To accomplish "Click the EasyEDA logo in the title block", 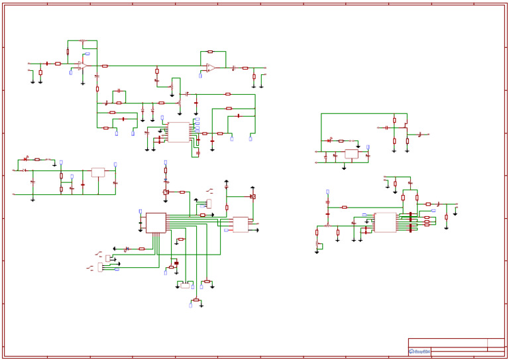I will (x=420, y=351).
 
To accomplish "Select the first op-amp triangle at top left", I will (x=82, y=65).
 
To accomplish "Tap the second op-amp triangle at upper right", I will (x=210, y=68).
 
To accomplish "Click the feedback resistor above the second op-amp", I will (x=210, y=52).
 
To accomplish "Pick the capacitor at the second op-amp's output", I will (x=233, y=68).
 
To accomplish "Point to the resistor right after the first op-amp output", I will (x=105, y=66).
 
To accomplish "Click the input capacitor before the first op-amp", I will (x=47, y=64).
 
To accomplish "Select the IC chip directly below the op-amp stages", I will (x=178, y=132).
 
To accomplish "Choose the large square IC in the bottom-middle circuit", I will (x=156, y=223).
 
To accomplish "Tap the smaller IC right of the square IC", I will (x=240, y=225).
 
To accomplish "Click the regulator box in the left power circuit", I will (x=98, y=172).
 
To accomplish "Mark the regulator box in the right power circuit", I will (x=351, y=154).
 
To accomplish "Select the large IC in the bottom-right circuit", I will (x=385, y=222).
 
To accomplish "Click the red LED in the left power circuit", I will (x=25, y=159).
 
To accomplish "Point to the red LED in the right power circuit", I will (x=329, y=141).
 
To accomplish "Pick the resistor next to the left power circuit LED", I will (x=37, y=159).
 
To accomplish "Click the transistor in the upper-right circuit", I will (x=405, y=128).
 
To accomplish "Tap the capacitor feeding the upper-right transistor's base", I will (x=386, y=127).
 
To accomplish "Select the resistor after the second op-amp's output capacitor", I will (x=245, y=68).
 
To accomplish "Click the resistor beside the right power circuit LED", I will (x=341, y=141).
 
